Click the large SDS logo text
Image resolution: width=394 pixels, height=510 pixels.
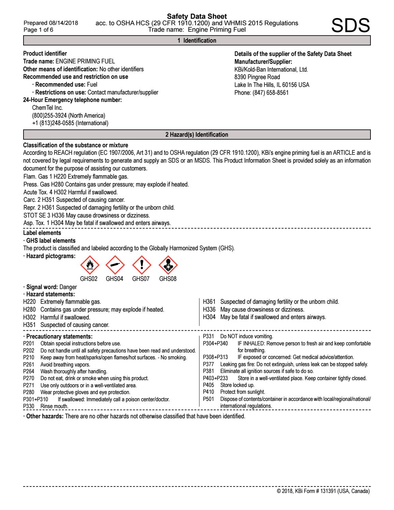pyautogui.click(x=351, y=26)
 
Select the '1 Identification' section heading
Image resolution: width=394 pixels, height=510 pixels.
pyautogui.click(x=197, y=41)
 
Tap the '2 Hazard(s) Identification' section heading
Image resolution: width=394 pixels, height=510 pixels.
pyautogui.click(x=197, y=135)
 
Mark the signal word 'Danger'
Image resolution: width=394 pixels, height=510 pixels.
pyautogui.click(x=68, y=287)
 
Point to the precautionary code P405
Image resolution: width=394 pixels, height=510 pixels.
pyautogui.click(x=208, y=385)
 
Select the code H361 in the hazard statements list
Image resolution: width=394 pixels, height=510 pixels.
pyautogui.click(x=209, y=302)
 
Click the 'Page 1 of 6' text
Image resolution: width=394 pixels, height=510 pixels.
pyautogui.click(x=38, y=30)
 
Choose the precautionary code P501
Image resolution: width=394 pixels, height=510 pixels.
pyautogui.click(x=208, y=399)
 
